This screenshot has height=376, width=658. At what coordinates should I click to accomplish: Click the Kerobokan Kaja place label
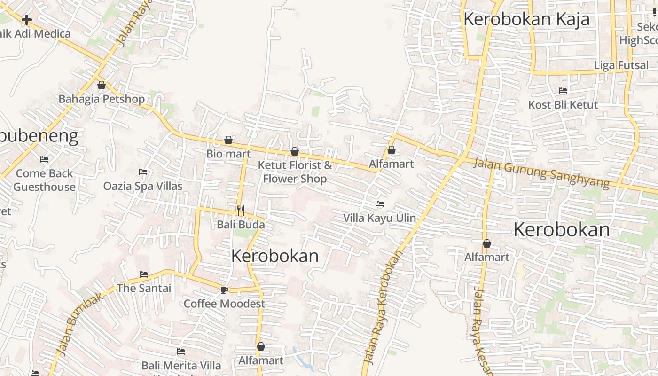pyautogui.click(x=526, y=19)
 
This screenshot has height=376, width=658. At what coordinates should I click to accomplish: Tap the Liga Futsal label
pyautogui.click(x=621, y=65)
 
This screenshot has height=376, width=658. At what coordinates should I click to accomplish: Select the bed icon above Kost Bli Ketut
pyautogui.click(x=563, y=91)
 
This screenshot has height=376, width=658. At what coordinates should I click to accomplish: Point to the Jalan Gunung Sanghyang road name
pyautogui.click(x=541, y=172)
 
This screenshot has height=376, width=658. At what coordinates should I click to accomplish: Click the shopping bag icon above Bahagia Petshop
pyautogui.click(x=101, y=85)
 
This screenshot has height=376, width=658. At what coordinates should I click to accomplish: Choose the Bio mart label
pyautogui.click(x=228, y=154)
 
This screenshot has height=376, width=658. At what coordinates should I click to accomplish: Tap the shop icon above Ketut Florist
pyautogui.click(x=295, y=151)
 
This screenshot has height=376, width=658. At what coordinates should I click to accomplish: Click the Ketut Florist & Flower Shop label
pyautogui.click(x=295, y=172)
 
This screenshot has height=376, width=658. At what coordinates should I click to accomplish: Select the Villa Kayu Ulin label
pyautogui.click(x=379, y=218)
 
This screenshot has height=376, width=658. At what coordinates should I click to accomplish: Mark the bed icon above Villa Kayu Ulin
pyautogui.click(x=380, y=204)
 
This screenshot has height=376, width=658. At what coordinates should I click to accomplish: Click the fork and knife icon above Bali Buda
pyautogui.click(x=241, y=210)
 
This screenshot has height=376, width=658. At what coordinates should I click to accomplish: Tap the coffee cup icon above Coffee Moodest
pyautogui.click(x=224, y=290)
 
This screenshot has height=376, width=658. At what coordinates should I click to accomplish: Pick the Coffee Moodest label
pyautogui.click(x=224, y=304)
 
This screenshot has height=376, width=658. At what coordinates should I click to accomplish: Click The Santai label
pyautogui.click(x=144, y=288)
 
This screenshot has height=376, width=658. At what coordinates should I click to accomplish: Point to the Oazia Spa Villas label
pyautogui.click(x=143, y=186)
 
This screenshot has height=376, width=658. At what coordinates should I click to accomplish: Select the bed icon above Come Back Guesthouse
pyautogui.click(x=44, y=159)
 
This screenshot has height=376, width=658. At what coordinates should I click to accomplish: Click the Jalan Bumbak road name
pyautogui.click(x=80, y=324)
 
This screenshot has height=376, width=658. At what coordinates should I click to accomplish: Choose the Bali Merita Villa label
pyautogui.click(x=181, y=365)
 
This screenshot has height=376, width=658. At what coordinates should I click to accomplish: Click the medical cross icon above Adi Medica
pyautogui.click(x=27, y=20)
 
